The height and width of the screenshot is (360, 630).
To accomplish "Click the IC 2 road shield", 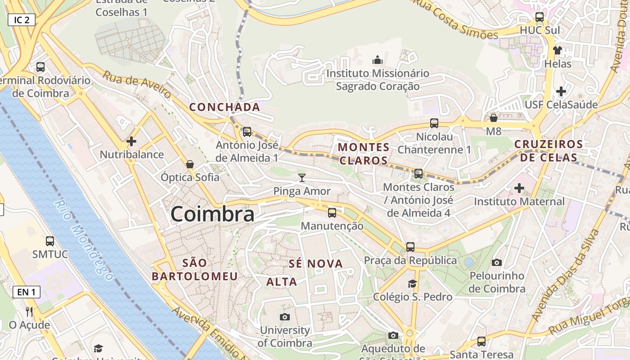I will tap(22, 20).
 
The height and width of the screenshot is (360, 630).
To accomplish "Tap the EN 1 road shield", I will tap(26, 292).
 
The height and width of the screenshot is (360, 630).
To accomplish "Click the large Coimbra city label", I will tap(212, 214).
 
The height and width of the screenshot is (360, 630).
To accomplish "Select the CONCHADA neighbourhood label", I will tap(225, 107).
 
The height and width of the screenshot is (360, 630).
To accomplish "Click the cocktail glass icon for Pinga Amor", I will tap(302, 178).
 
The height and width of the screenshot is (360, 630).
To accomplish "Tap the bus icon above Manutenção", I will tap(332, 212).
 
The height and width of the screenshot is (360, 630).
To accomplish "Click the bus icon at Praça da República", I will tap(410, 247).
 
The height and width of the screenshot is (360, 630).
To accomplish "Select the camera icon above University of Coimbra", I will tap(285, 317).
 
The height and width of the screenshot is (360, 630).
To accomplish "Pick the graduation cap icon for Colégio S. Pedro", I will tap(412, 283).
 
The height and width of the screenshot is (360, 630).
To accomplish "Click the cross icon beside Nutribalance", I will tap(131, 141).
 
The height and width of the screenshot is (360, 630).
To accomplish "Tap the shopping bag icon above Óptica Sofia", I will tap(190, 164).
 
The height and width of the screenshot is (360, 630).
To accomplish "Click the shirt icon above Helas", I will tap(558, 50).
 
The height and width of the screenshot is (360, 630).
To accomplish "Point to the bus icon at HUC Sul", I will tap(540, 17).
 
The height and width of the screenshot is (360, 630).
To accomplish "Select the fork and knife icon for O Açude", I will tap(29, 311).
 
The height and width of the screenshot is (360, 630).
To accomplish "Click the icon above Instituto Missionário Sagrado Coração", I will tap(378, 59).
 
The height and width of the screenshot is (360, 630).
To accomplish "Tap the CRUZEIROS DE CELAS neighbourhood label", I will tap(549, 151).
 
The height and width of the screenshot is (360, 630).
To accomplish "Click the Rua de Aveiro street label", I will tap(137, 84).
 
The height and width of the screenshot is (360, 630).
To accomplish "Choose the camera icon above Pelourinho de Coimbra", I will tap(497, 262).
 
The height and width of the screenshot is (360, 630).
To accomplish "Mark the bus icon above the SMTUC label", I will tap(50, 241).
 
